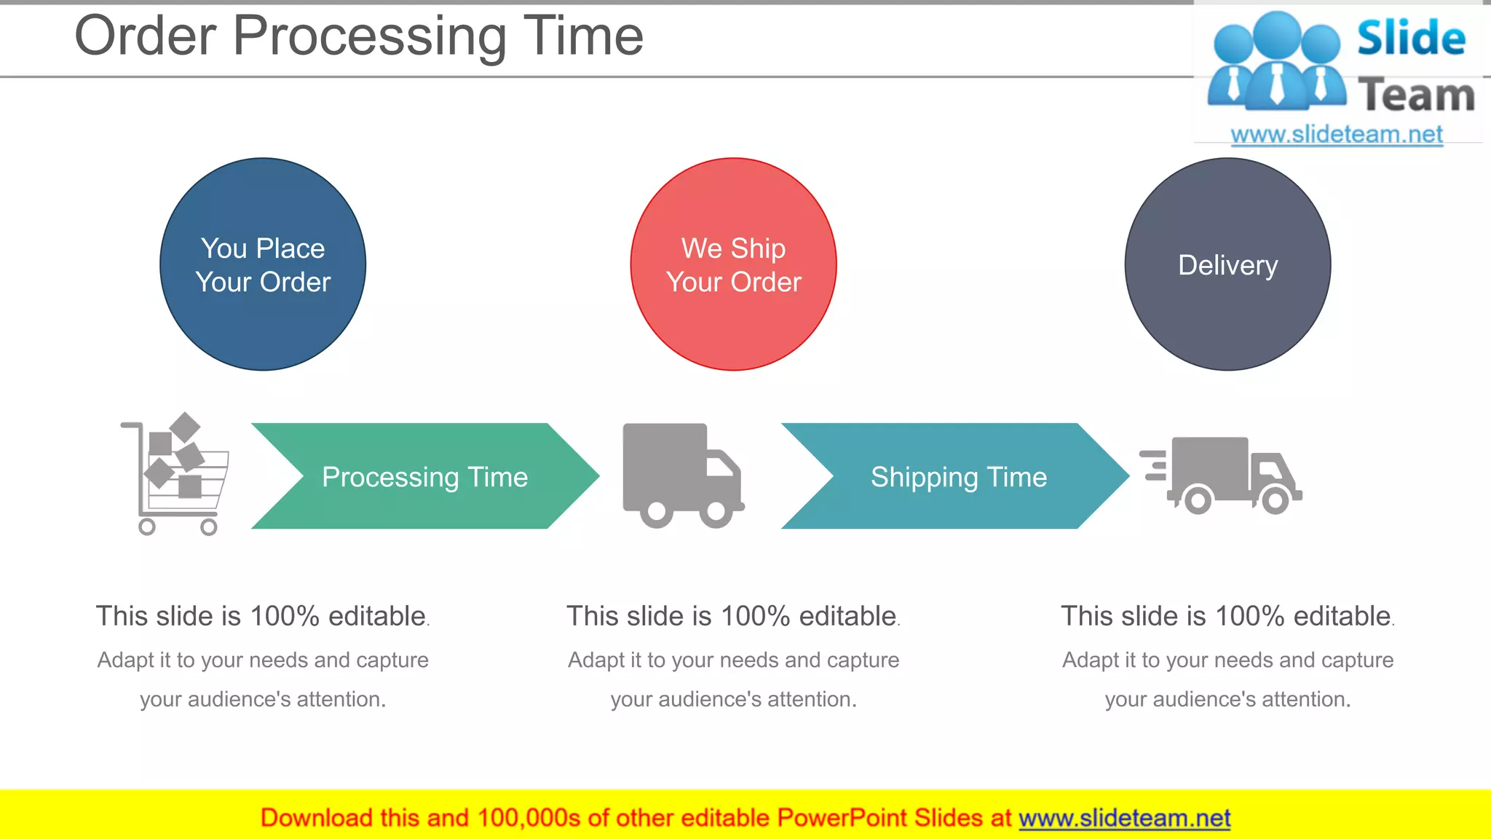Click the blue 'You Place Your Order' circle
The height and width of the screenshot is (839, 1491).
click(x=263, y=264)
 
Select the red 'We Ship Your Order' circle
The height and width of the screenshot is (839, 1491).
click(x=733, y=264)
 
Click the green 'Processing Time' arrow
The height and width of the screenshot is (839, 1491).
click(x=424, y=476)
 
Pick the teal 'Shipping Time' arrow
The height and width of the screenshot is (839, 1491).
click(x=958, y=476)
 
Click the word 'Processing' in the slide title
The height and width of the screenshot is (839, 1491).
click(x=369, y=36)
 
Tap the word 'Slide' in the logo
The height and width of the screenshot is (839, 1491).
click(x=1411, y=38)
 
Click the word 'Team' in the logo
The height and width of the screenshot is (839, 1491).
click(x=1416, y=95)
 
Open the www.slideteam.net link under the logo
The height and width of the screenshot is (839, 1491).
click(x=1337, y=135)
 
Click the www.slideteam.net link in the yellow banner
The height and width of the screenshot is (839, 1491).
click(x=1124, y=818)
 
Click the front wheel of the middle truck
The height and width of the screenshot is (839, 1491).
click(x=716, y=513)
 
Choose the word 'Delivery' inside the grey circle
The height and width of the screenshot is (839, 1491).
click(x=1227, y=265)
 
